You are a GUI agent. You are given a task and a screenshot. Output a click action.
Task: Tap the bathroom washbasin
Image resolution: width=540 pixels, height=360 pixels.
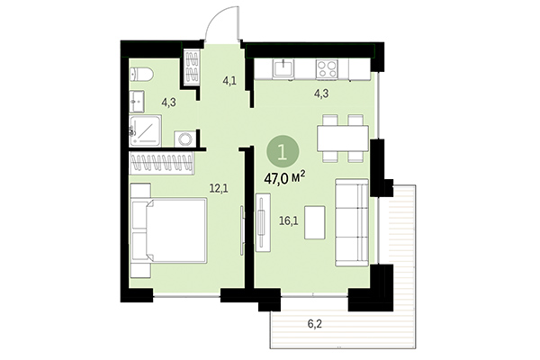coord(136,99)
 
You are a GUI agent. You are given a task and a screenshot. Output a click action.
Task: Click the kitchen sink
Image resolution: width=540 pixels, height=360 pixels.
coord(282,68)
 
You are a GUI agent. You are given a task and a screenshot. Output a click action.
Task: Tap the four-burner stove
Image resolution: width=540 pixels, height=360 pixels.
coord(328,68)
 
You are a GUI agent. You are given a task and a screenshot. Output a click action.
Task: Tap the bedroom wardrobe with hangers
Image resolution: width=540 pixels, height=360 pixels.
coord(164,163)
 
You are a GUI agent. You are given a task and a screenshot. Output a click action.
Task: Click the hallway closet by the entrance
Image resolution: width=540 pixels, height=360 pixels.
coord(191,67)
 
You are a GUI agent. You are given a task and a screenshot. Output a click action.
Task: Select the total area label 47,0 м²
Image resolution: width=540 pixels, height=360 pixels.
coord(284,177)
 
